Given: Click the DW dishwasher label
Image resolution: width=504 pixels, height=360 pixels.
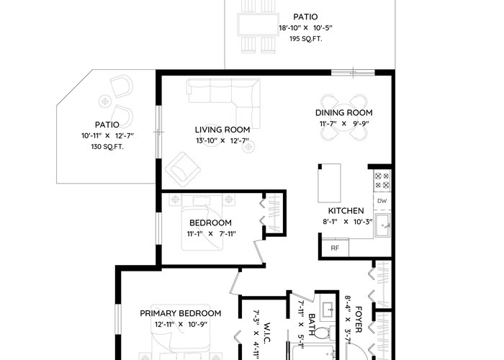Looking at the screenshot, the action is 382,201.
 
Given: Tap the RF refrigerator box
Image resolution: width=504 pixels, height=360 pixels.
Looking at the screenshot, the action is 336,248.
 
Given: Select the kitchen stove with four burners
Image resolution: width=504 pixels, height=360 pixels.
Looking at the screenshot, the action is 382,181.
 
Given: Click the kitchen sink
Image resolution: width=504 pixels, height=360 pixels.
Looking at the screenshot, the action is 382,225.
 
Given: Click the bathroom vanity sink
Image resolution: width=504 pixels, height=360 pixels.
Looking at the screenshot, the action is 328,310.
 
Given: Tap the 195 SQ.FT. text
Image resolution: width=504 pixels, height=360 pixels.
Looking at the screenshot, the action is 306,39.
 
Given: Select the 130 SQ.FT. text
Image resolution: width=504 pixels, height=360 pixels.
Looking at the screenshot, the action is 107,147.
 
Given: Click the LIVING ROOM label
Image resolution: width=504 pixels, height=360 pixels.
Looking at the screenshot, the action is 222,130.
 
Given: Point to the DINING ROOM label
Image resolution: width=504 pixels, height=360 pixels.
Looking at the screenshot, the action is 344,113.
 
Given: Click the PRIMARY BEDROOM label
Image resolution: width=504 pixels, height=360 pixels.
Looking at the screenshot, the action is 180,313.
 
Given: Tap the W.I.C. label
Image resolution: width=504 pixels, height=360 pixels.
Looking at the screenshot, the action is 266,333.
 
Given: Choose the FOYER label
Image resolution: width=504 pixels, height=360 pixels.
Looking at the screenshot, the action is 359,320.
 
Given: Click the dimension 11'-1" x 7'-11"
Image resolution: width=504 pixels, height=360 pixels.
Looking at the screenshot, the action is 212,234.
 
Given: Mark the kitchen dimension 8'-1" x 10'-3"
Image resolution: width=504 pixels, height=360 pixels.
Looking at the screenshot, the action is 348,222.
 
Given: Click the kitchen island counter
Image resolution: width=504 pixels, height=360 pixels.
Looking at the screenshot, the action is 329,183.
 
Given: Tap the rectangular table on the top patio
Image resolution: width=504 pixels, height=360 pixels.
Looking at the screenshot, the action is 258,24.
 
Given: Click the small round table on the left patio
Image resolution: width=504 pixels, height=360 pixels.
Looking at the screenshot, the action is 104,102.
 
